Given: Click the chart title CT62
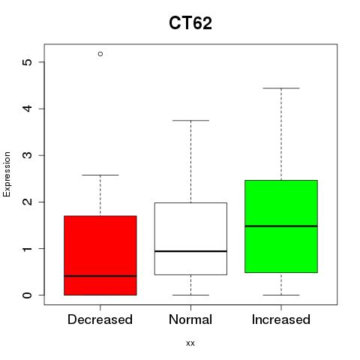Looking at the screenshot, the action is [190, 23].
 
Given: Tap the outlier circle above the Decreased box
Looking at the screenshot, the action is [100, 54].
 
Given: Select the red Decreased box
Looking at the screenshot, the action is [100, 255].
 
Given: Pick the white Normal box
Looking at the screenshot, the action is [190, 238].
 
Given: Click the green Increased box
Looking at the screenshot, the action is [281, 226].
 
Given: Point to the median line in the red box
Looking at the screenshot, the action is [100, 276].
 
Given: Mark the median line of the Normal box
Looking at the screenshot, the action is [190, 251].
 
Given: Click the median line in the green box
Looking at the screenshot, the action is [281, 226].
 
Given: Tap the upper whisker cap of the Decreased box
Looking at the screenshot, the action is [100, 175].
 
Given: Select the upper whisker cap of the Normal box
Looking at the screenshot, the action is [190, 120].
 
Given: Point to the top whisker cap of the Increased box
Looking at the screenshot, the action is [281, 88].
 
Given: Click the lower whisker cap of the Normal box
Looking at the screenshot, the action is [190, 295].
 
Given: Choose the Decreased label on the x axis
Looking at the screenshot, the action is [100, 319].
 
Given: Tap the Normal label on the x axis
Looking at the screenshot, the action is [190, 319].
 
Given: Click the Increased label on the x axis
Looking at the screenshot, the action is [281, 319].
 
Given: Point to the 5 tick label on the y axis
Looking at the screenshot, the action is [28, 62].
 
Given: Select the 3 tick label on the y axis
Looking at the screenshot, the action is [28, 155].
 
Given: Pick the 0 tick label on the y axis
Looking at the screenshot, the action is [28, 295].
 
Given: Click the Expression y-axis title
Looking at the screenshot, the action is [7, 174].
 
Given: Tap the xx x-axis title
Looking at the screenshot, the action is [190, 343].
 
